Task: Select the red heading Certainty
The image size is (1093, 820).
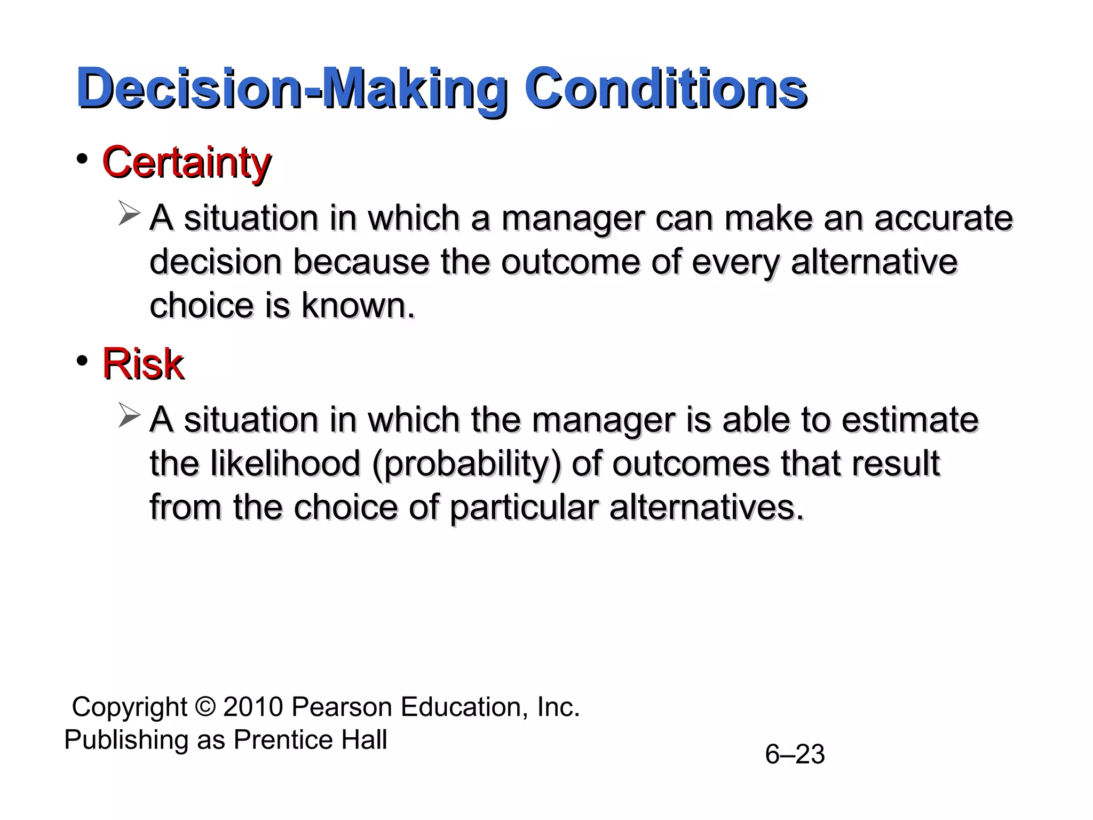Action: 186,162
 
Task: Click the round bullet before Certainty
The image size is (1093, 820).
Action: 82,159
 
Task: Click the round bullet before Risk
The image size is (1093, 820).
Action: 82,361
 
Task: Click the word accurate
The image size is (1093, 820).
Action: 943,218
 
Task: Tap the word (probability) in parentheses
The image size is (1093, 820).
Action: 466,463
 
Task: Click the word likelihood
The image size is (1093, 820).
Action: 286,463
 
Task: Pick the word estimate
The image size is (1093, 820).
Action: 910,420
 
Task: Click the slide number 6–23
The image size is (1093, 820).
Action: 795,754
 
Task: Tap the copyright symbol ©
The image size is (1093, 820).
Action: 205,707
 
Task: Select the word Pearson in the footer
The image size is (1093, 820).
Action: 342,707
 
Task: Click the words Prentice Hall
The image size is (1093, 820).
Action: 310,740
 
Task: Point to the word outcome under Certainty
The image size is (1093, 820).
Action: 570,262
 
